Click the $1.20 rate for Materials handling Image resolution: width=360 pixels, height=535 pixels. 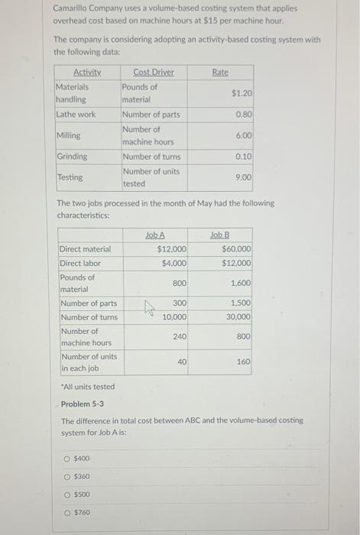[242, 92]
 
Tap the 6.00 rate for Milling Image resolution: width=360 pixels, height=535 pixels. [245, 135]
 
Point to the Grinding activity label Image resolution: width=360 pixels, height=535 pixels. [72, 157]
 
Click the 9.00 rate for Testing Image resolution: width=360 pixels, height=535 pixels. [245, 177]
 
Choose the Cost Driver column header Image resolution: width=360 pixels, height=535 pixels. [153, 72]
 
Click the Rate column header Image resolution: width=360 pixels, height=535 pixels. [219, 72]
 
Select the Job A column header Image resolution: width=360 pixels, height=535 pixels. [155, 235]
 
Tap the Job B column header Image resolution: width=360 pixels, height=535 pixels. [219, 235]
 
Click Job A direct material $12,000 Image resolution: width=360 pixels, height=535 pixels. [172, 249]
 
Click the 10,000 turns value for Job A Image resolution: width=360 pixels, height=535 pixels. [175, 317]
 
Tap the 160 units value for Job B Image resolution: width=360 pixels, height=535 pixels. [243, 362]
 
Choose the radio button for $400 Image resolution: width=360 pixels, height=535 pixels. [66, 458]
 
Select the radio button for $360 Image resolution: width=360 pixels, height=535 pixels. [66, 476]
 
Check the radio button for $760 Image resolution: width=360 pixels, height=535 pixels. [66, 512]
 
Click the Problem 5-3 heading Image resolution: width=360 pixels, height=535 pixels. [83, 404]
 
